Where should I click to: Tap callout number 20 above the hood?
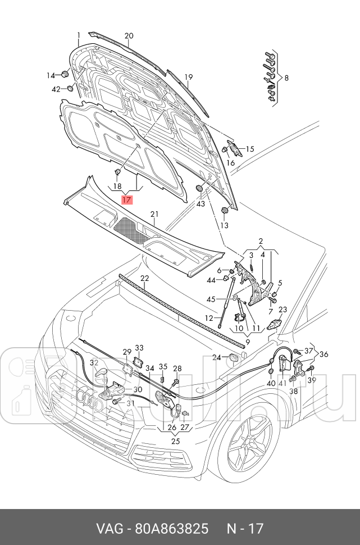129,36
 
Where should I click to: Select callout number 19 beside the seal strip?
188,77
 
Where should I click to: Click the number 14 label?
51,75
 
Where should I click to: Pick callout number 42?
56,89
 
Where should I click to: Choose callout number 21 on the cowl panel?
154,214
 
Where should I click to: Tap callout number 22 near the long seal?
144,279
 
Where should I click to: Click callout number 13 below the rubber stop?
225,225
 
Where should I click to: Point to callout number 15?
250,149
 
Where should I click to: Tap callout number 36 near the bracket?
323,354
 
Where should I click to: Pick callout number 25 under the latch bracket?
176,441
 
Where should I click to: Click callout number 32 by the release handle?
94,363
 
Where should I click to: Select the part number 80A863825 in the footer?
171,529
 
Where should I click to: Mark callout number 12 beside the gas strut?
209,318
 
